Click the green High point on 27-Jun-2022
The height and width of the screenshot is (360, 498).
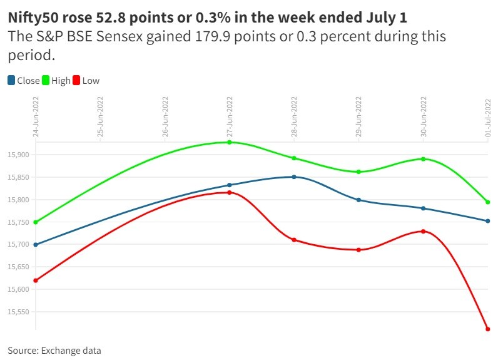pyautogui.click(x=230, y=142)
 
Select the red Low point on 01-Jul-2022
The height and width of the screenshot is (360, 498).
pyautogui.click(x=487, y=329)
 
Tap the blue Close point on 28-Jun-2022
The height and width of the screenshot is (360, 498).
pyautogui.click(x=294, y=177)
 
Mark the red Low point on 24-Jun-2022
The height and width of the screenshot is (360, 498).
pyautogui.click(x=36, y=280)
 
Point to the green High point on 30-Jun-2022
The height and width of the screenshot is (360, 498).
pyautogui.click(x=423, y=159)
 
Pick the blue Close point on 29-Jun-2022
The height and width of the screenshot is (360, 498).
pyautogui.click(x=358, y=200)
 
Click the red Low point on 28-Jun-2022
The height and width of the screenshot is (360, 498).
pyautogui.click(x=294, y=240)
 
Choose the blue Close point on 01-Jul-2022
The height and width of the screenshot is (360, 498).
pyautogui.click(x=487, y=220)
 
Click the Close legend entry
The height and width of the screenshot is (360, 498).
pyautogui.click(x=23, y=80)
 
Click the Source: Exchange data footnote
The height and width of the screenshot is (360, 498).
pyautogui.click(x=54, y=351)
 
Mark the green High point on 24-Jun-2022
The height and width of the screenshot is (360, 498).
pyautogui.click(x=36, y=222)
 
